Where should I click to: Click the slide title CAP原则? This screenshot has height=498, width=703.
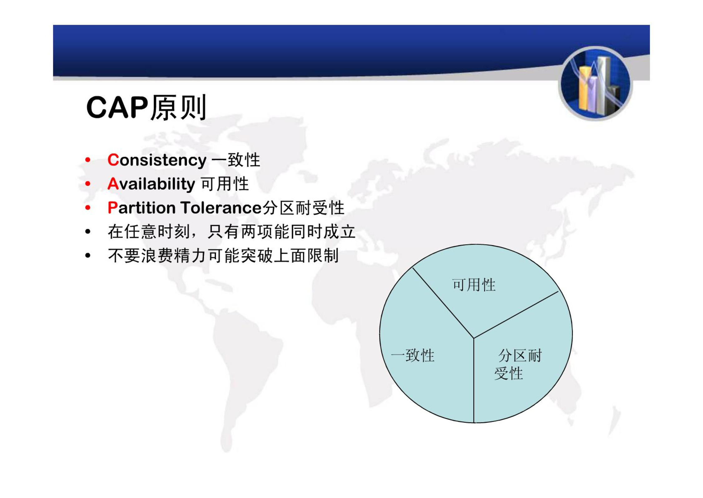[x=146, y=107]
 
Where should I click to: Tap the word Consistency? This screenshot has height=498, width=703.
[x=157, y=161]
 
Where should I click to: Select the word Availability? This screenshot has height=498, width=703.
[x=151, y=184]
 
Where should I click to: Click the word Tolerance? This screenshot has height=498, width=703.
[x=221, y=208]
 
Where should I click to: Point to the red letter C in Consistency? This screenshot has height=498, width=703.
[x=113, y=160]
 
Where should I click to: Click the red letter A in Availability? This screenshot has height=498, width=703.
[x=113, y=184]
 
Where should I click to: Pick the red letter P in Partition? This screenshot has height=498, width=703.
[x=113, y=207]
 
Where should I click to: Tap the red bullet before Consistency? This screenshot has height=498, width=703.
[x=88, y=160]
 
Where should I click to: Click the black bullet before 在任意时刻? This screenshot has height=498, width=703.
[x=88, y=232]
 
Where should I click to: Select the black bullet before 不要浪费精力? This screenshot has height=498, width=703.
[x=88, y=256]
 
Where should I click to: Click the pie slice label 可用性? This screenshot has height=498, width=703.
[x=474, y=285]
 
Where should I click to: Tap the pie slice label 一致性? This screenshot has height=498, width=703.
[x=413, y=355]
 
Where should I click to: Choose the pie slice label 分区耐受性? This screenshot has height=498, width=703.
[x=518, y=365]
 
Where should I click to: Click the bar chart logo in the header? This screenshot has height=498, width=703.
[x=595, y=83]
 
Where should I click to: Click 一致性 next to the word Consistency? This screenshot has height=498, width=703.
[x=236, y=160]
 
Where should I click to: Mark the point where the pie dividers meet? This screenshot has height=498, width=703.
[x=474, y=338]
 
